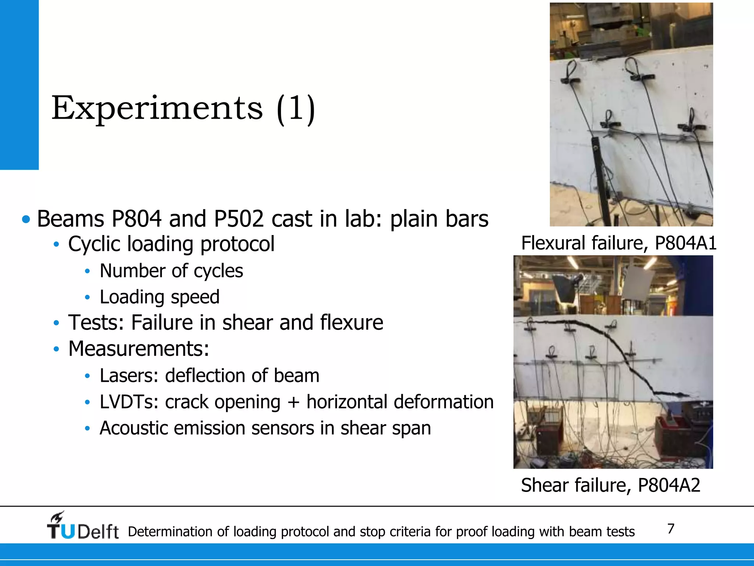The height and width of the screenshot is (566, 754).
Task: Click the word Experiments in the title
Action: tap(157, 108)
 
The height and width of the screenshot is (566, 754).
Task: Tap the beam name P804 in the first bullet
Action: tap(136, 219)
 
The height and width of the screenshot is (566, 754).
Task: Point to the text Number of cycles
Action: tap(171, 271)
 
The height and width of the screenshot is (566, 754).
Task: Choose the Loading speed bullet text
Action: tap(159, 297)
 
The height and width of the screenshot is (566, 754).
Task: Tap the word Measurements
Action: tap(138, 349)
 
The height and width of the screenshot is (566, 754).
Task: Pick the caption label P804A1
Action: tap(686, 243)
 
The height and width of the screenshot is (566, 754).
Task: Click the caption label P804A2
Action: tap(669, 485)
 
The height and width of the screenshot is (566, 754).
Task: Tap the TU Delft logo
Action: tap(82, 527)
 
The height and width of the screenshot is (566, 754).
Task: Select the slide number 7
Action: tap(671, 529)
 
